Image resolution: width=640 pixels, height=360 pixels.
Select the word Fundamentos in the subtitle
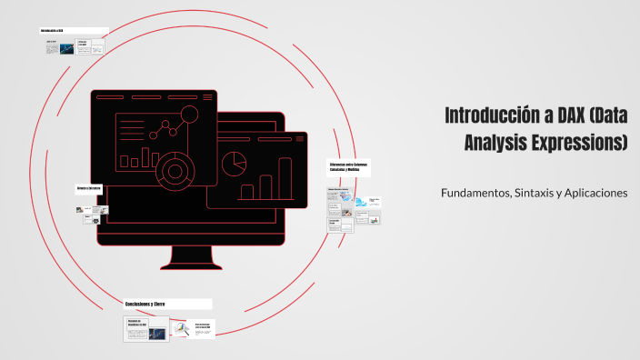[474, 193]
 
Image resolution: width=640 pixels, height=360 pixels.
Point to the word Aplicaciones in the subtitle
[596, 193]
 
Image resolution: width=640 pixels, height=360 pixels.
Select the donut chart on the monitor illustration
[172, 168]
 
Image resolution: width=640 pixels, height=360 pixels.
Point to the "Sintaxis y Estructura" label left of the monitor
[88, 188]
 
